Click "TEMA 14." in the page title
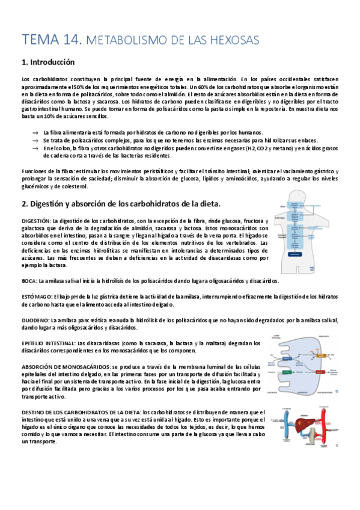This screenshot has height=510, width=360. click(50, 40)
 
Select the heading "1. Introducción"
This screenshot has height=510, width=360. click(48, 62)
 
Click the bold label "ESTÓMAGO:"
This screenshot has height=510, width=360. click(36, 296)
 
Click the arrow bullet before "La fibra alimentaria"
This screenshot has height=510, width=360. click(37, 132)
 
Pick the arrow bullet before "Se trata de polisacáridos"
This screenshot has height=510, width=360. click(37, 140)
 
